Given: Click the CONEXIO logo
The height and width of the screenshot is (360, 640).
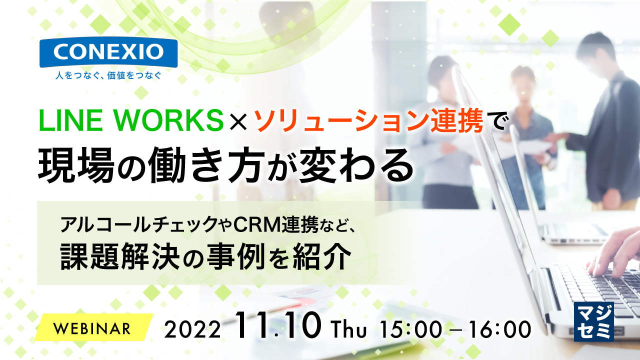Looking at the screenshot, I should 108,52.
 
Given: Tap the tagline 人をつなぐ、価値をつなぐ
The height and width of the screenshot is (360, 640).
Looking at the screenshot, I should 108,76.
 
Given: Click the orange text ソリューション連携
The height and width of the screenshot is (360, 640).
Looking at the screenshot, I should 369,120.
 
